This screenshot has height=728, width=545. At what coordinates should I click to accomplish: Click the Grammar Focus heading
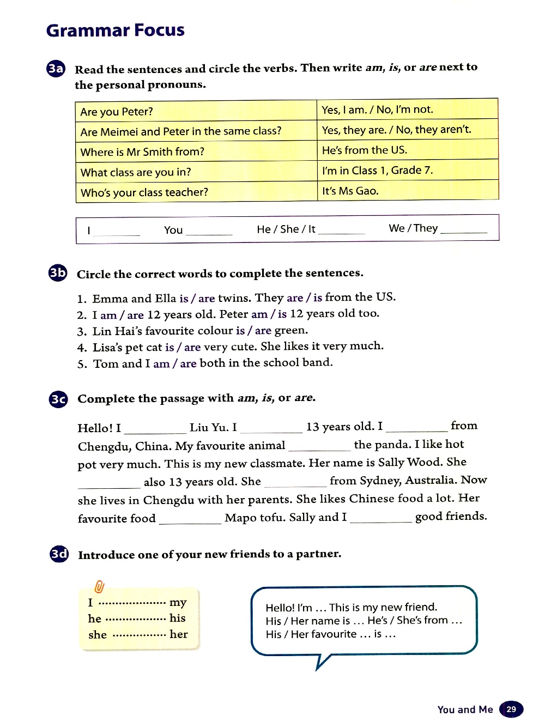pos(116,31)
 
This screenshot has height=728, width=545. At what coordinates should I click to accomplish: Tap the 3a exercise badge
pos(56,69)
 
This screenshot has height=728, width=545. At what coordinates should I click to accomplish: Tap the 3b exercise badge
pos(58,273)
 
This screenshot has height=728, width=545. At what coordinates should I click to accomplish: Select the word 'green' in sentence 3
pos(290,330)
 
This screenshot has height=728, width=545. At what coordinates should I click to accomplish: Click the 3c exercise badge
pos(58,399)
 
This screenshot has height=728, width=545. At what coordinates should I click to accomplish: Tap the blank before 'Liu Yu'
pos(155,429)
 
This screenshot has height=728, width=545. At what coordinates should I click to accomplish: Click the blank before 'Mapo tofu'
pos(190,520)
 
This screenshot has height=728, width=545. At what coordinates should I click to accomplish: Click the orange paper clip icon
pos(99,586)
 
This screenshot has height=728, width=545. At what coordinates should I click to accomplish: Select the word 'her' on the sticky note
pos(178,634)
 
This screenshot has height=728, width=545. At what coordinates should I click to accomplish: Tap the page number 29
pos(511,709)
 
